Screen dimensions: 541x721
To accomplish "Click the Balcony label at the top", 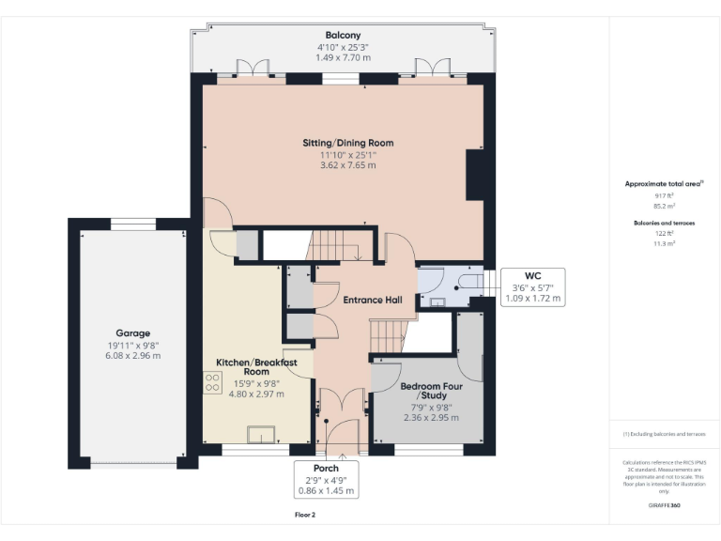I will click(343, 35).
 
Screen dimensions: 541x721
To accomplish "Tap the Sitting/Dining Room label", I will click(347, 143).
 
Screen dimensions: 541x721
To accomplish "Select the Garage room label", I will click(132, 333).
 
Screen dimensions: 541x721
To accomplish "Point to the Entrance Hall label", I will click(372, 301).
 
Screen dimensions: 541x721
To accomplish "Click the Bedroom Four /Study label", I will click(427, 391).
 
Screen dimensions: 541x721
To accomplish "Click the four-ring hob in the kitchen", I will click(210, 381).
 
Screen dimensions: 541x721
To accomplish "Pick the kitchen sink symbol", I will click(260, 433).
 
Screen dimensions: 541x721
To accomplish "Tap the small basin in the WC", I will click(437, 301).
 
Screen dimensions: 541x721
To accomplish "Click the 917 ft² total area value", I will click(665, 195).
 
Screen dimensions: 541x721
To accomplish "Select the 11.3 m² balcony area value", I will click(665, 243).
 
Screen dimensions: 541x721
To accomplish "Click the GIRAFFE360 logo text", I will click(664, 506).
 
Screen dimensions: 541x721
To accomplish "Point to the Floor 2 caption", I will click(304, 516).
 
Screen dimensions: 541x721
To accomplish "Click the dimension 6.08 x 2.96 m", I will click(132, 356).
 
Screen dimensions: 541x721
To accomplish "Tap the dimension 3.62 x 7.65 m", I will click(347, 165).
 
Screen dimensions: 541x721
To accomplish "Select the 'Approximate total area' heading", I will click(664, 184).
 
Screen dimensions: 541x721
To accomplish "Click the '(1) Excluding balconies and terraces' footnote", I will click(664, 434).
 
